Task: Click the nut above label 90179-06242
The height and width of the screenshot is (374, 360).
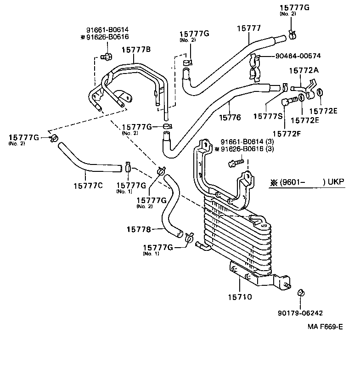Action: (x=302, y=292)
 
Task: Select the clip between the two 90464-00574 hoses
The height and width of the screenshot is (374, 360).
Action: (x=254, y=67)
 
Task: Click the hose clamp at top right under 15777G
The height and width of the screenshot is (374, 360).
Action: (x=292, y=34)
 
